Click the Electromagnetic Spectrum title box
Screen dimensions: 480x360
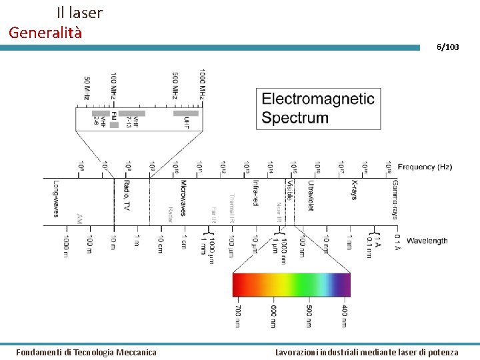point(319,109)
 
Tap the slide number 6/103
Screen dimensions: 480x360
point(447,47)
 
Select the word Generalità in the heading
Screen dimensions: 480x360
point(45,32)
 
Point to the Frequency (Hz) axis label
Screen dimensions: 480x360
point(425,167)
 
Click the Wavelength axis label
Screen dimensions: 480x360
point(427,241)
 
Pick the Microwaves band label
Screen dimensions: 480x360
point(183,198)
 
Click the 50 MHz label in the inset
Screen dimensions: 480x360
point(87,87)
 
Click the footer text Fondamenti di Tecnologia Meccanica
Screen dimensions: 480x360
point(87,352)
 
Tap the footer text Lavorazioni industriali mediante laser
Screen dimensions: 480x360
point(367,352)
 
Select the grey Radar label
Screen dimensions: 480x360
point(171,213)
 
